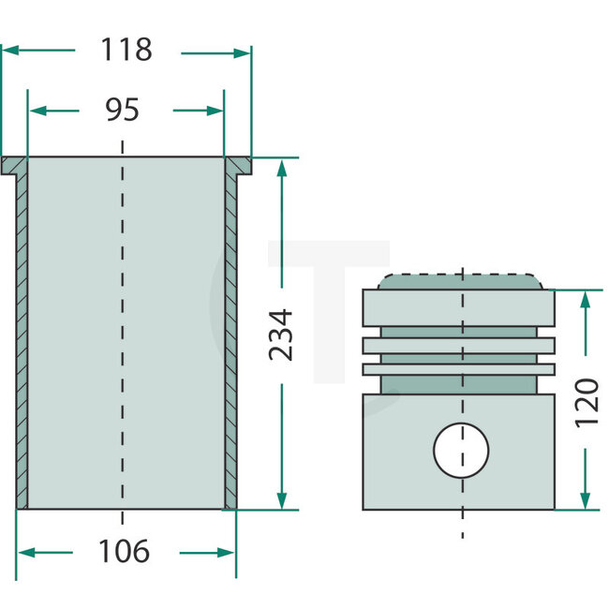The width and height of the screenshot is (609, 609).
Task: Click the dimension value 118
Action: (x=126, y=51)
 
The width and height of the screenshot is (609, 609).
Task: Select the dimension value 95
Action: (x=122, y=110)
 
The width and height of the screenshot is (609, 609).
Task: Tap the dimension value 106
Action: (x=124, y=552)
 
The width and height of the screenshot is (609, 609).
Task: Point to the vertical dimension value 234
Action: (x=280, y=334)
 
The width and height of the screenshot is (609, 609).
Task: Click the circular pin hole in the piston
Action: (x=461, y=449)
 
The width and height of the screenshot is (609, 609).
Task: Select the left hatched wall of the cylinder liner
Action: (x=22, y=337)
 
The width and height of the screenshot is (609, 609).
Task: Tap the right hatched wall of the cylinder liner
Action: (x=230, y=337)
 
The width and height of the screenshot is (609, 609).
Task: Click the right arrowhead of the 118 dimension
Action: (x=245, y=52)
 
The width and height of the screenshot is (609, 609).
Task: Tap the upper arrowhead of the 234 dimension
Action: (x=281, y=165)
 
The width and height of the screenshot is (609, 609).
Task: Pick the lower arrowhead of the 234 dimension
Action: (x=281, y=503)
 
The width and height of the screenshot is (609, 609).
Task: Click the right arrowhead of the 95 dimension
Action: (x=217, y=111)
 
